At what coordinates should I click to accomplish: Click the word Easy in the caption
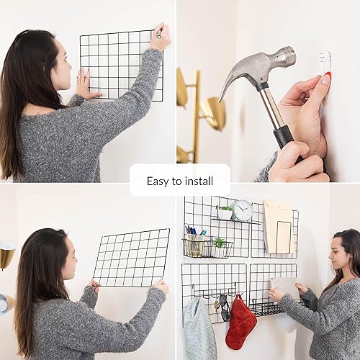point(158,181)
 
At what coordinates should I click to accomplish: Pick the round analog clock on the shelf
point(243,210)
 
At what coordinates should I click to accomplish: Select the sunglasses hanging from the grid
point(224,307)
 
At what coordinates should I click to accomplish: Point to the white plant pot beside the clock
point(225,213)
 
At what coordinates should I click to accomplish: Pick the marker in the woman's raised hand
point(159,31)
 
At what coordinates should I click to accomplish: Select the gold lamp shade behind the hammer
point(215,112)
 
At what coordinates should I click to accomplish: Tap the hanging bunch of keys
point(215,302)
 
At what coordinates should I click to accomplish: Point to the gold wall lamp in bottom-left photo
point(6,256)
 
